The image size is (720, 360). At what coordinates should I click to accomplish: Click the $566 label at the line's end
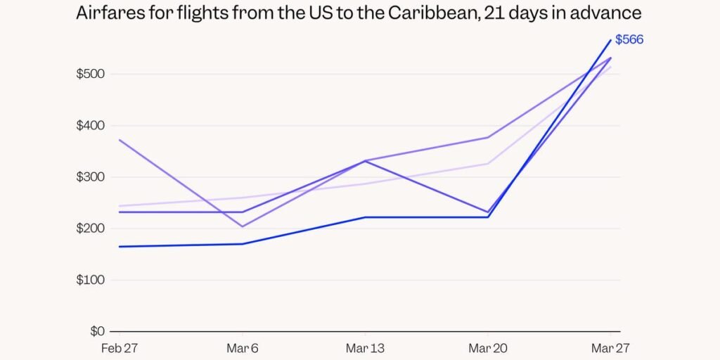(x=629, y=40)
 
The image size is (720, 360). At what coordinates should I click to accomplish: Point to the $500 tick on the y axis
(x=90, y=75)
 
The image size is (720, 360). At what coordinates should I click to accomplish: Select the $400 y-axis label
(x=90, y=126)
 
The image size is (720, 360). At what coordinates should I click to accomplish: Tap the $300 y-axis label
(x=90, y=177)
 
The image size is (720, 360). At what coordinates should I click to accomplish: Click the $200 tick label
(x=90, y=229)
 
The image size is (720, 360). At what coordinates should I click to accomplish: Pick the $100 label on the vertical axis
(x=90, y=280)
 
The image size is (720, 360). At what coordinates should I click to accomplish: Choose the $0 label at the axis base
(x=96, y=331)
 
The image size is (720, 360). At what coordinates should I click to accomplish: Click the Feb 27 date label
(x=119, y=348)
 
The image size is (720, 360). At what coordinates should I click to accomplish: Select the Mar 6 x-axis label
(x=243, y=348)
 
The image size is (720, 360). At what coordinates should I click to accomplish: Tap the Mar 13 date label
(x=365, y=348)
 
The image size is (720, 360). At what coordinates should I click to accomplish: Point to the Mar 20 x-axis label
(x=488, y=348)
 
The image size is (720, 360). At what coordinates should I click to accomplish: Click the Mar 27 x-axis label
(x=610, y=348)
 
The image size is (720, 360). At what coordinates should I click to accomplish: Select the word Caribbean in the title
(x=424, y=13)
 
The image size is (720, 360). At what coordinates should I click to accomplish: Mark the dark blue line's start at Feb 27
(x=120, y=247)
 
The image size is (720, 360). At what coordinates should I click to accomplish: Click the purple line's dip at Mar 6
(x=243, y=226)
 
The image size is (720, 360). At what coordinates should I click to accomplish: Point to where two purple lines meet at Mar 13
(x=366, y=161)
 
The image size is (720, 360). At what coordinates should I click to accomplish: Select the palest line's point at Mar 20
(x=488, y=164)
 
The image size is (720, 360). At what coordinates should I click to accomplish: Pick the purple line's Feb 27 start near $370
(x=120, y=140)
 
